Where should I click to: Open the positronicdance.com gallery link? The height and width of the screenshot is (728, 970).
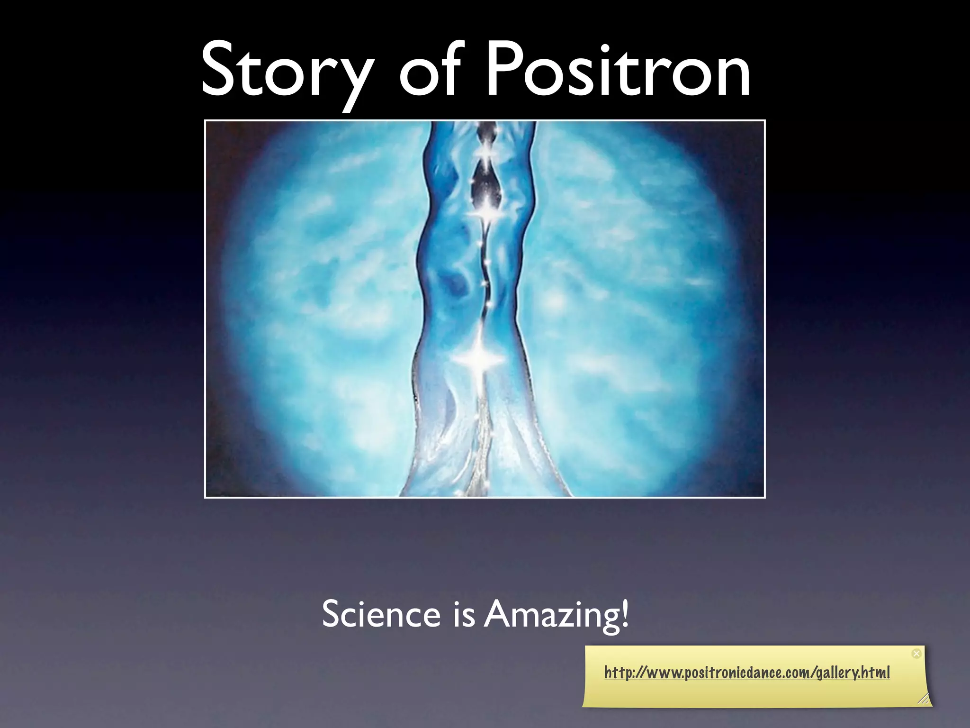pos(747,673)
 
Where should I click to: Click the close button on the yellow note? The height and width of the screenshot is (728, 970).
pos(916,654)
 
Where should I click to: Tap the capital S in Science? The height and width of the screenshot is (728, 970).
pos(331,613)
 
